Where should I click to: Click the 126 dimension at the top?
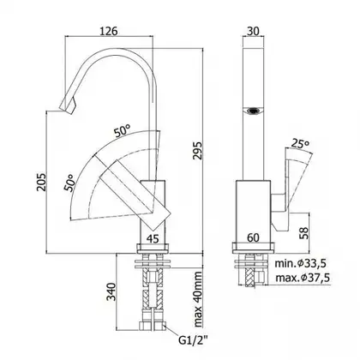pyautogui.click(x=109, y=31)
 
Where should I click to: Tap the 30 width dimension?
pyautogui.click(x=253, y=31)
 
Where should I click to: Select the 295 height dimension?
pyautogui.click(x=197, y=150)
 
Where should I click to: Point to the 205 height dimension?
pyautogui.click(x=41, y=182)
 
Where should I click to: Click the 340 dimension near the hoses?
pyautogui.click(x=111, y=291)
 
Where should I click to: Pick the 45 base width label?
pyautogui.click(x=153, y=238)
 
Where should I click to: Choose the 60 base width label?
pyautogui.click(x=253, y=237)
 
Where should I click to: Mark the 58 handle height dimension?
pyautogui.click(x=304, y=233)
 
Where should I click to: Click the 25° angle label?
pyautogui.click(x=300, y=143)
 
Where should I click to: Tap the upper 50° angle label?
pyautogui.click(x=122, y=131)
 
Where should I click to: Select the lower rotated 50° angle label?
pyautogui.click(x=70, y=182)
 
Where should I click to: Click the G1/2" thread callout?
pyautogui.click(x=194, y=340)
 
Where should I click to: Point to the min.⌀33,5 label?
pyautogui.click(x=301, y=263)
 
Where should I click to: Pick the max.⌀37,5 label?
pyautogui.click(x=303, y=277)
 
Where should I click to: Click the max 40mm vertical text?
pyautogui.click(x=198, y=299)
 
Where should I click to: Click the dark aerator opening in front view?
pyautogui.click(x=253, y=110)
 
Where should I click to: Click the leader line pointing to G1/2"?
pyautogui.click(x=171, y=331)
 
